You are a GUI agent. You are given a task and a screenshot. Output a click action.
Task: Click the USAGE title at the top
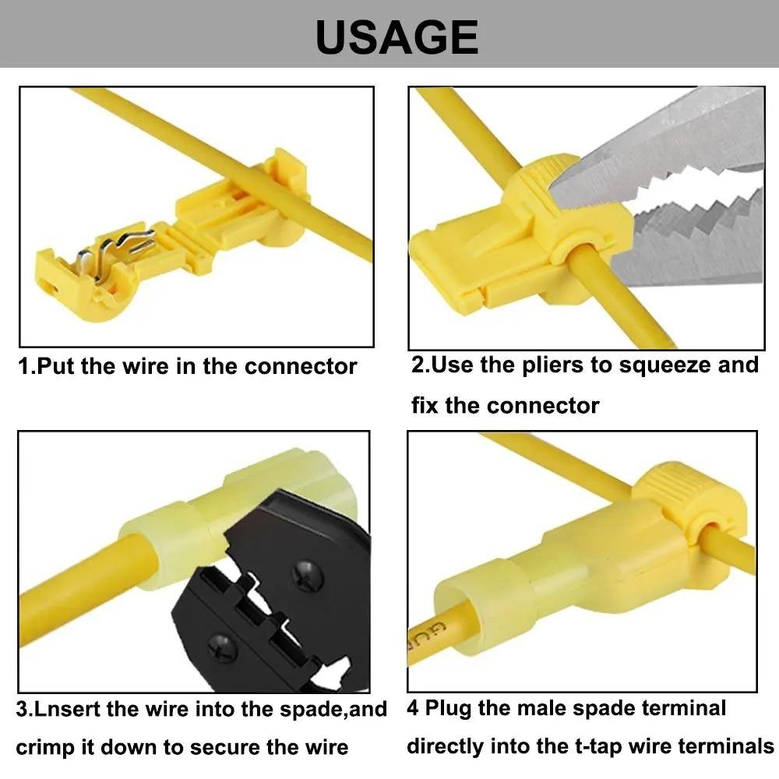tap(397, 37)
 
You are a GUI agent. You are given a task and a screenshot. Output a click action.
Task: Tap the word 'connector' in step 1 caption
tap(301, 367)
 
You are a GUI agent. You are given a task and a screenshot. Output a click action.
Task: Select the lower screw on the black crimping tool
tap(222, 647)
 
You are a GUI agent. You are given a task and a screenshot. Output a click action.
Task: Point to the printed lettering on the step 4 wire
tap(426, 636)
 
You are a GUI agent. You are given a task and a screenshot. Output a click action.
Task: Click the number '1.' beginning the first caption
tap(26, 367)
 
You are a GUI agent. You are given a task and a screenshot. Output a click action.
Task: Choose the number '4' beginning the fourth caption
tap(413, 708)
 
